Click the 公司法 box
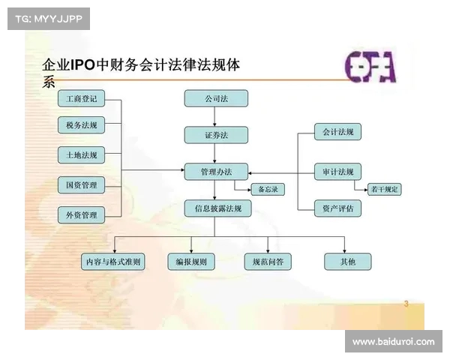coord(216,98)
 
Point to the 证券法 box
coord(216,135)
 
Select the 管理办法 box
coord(216,172)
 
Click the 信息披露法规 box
coord(216,208)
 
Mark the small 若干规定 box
coord(384,190)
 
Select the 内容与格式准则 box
coord(113,262)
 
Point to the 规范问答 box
coord(268,262)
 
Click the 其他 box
coord(347,262)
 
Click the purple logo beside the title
coord(370,67)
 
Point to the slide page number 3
coord(406,304)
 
